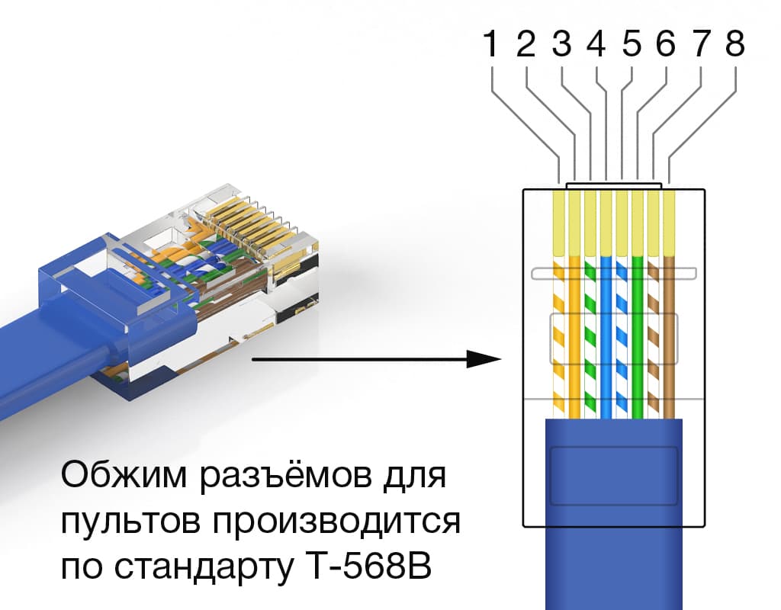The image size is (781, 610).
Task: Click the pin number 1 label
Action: pos(492,46)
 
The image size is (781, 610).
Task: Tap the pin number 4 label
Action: pos(596,46)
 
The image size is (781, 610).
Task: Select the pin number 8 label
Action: pos(734,46)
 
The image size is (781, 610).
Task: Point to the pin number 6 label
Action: pos(665,46)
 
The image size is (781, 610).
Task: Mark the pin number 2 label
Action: pos(526,46)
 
